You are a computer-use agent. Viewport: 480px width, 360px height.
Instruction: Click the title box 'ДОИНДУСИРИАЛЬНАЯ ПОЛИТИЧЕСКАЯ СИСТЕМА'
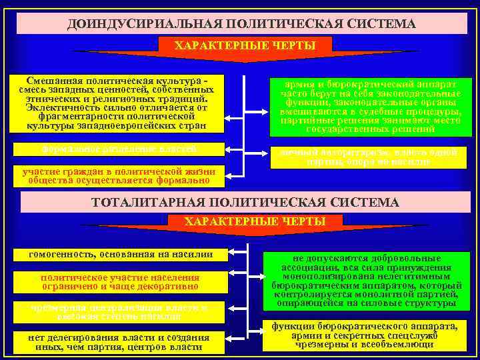[241, 23]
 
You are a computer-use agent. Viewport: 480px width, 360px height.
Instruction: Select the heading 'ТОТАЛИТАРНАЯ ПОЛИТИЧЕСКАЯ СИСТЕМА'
[245, 201]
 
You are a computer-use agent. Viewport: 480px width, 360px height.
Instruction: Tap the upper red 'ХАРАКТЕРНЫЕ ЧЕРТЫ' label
[244, 45]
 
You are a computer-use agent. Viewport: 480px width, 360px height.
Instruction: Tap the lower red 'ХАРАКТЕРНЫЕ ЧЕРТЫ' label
[255, 221]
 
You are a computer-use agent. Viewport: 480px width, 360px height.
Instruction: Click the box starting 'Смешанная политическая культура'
[117, 103]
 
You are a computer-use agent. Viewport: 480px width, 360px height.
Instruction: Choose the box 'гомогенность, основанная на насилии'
[121, 254]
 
